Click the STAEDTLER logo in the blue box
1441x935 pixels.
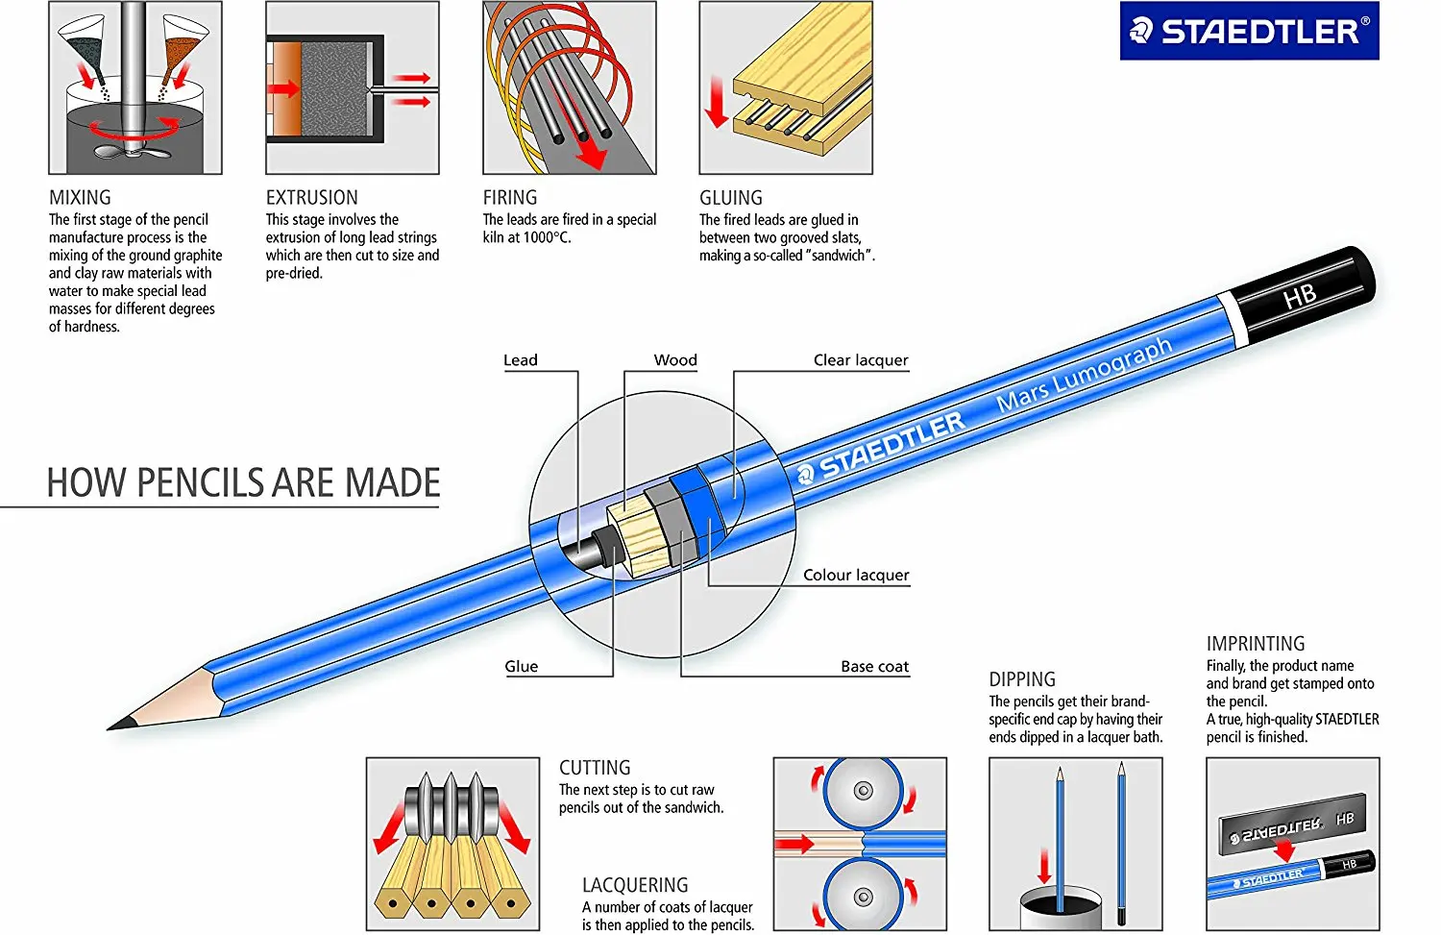(x=1249, y=31)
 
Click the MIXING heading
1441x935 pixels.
(x=80, y=198)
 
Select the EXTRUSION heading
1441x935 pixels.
(x=311, y=198)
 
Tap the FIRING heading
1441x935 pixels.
(x=509, y=198)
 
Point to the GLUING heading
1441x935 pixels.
(x=730, y=198)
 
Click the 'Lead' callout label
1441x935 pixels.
(x=521, y=360)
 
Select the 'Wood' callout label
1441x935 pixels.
(x=675, y=360)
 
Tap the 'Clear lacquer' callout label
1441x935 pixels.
(x=860, y=360)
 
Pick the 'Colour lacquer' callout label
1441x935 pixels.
(x=855, y=575)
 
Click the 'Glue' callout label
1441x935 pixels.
(x=522, y=667)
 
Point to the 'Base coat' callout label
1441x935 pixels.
(x=874, y=667)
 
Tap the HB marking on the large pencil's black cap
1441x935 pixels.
(x=1300, y=296)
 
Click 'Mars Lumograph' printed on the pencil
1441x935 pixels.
(x=1084, y=375)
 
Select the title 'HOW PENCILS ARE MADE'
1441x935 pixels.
(x=243, y=482)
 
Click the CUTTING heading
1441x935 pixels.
(x=595, y=768)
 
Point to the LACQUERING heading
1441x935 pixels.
(x=635, y=885)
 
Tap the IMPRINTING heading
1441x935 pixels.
(x=1255, y=644)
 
